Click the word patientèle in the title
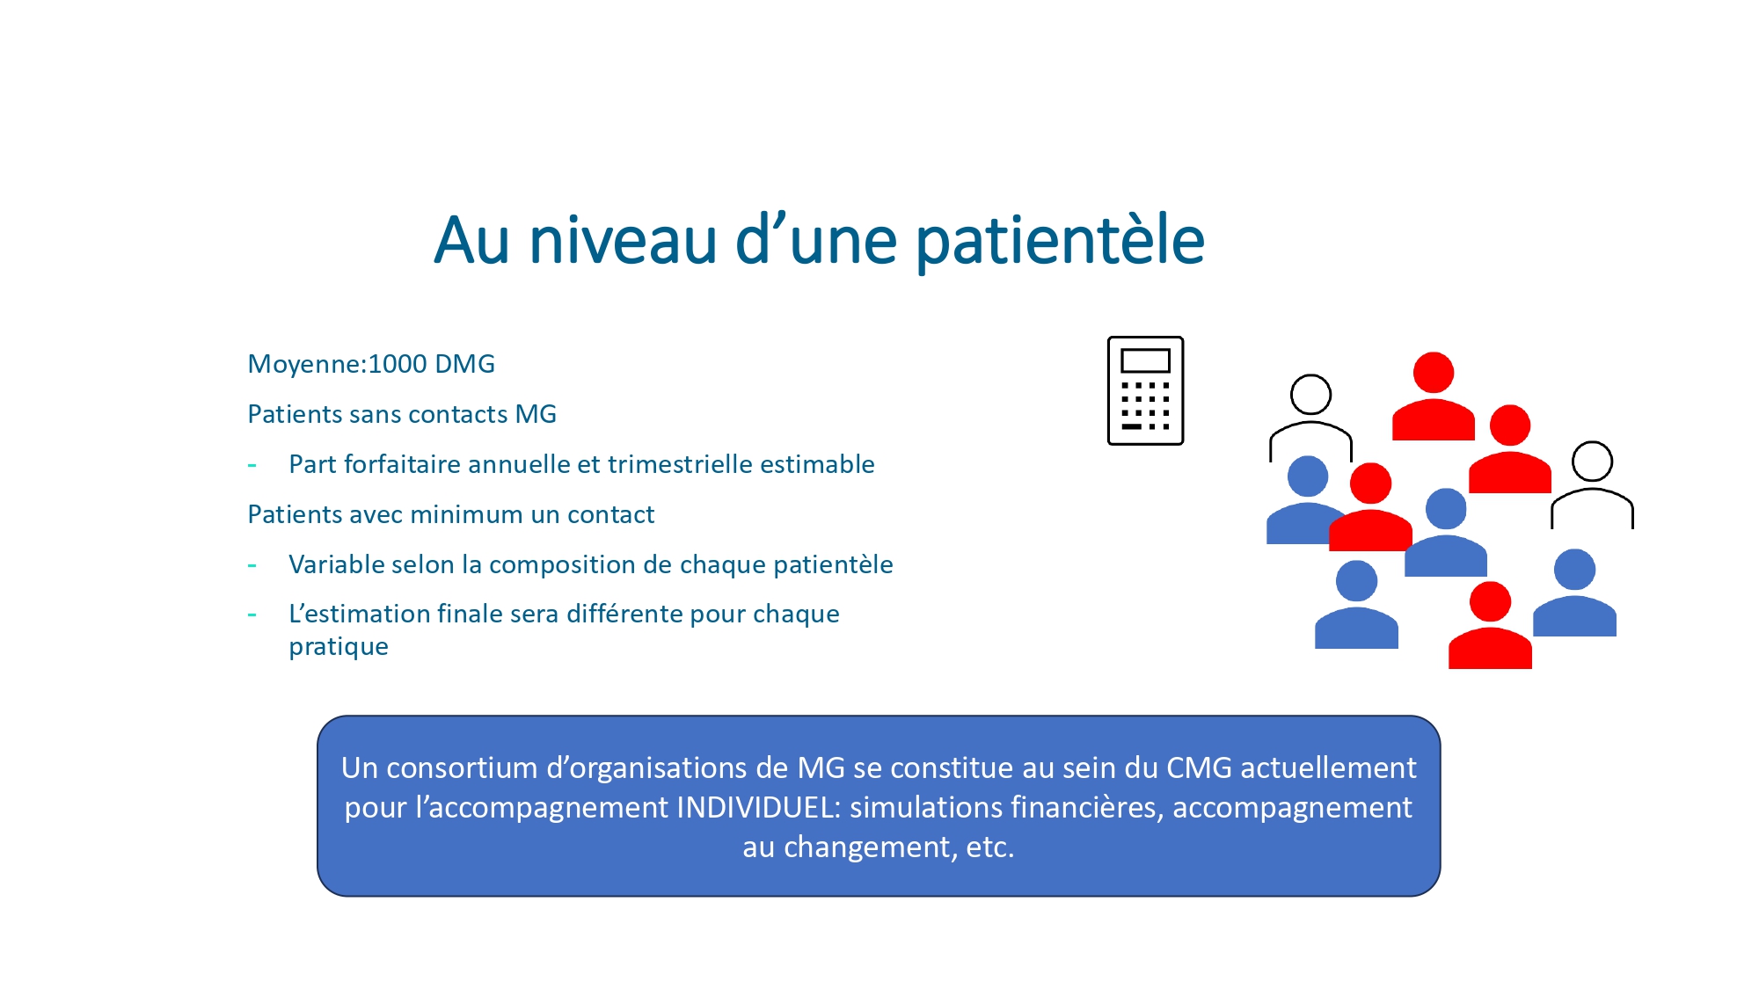[x=1060, y=241]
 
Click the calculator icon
[x=1145, y=390]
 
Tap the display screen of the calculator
[x=1145, y=360]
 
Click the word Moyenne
[x=304, y=364]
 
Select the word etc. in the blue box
[x=990, y=847]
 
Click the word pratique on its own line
[x=339, y=647]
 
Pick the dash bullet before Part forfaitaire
[x=252, y=465]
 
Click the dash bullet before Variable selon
[x=252, y=565]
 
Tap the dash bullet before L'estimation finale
[x=252, y=614]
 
